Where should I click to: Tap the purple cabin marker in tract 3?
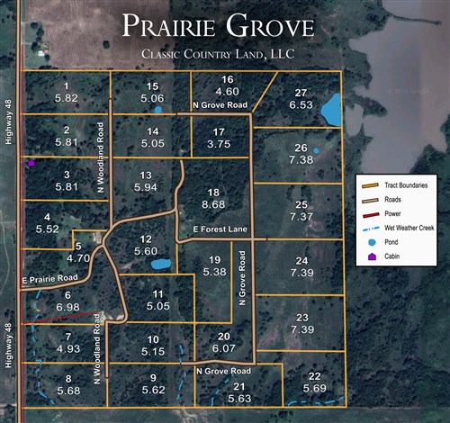click(31, 164)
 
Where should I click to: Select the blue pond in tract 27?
click(331, 110)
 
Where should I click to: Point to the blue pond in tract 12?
click(161, 265)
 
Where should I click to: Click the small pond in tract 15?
click(158, 110)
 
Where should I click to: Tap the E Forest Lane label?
click(220, 230)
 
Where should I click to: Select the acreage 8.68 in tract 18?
click(213, 205)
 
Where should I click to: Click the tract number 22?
click(314, 376)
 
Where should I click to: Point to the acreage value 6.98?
click(68, 307)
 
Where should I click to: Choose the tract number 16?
click(227, 80)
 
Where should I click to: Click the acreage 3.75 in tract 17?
click(219, 143)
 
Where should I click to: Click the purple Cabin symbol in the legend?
click(373, 257)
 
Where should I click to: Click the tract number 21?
click(239, 387)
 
